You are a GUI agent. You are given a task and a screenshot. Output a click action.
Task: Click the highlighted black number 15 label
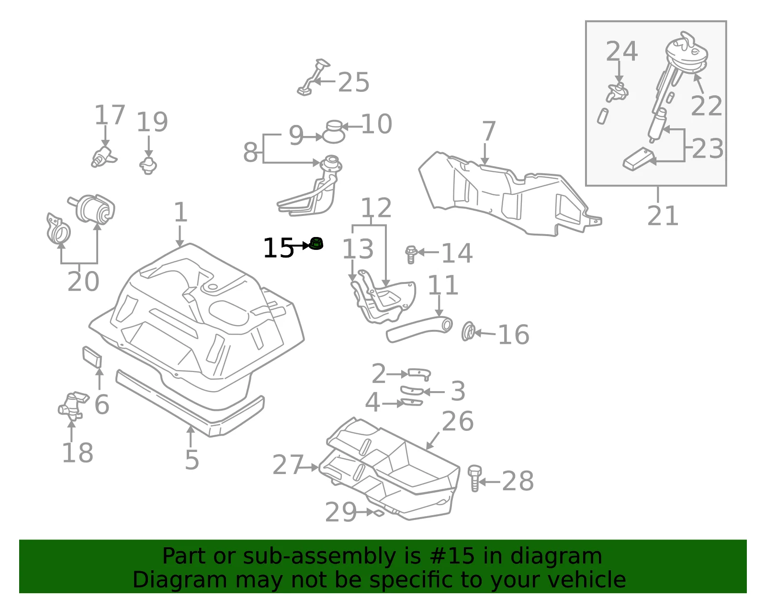point(279,248)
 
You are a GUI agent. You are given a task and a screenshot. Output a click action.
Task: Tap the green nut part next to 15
point(316,244)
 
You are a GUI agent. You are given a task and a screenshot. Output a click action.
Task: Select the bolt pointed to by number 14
point(411,254)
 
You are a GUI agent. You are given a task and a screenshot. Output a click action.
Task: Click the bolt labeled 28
point(474,478)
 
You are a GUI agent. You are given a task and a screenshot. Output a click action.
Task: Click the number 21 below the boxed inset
point(663,215)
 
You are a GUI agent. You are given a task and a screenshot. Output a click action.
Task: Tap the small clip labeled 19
point(148,166)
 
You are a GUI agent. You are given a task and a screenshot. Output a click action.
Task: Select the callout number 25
point(354,82)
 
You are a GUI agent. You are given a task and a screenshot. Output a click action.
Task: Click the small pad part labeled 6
point(92,357)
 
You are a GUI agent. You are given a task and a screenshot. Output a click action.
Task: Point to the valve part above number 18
point(73,406)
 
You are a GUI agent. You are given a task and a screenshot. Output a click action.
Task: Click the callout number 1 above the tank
point(180,212)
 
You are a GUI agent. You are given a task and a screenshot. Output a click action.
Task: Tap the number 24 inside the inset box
point(622,51)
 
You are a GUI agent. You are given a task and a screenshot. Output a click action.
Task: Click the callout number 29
point(341,512)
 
